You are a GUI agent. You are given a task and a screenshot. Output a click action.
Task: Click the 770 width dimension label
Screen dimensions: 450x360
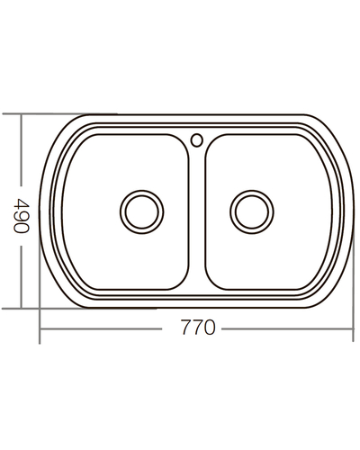(196, 328)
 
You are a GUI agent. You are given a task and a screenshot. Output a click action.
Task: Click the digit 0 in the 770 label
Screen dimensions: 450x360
(211, 328)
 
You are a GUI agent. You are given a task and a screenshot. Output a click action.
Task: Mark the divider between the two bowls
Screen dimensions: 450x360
(197, 216)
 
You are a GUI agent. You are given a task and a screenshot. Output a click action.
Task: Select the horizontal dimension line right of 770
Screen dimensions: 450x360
(283, 328)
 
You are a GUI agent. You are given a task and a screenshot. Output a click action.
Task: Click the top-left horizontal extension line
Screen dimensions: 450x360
(54, 114)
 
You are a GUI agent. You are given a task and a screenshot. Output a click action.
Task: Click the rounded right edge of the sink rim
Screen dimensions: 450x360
(350, 212)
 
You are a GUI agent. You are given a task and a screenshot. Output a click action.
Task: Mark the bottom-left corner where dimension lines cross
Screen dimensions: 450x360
(40, 328)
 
